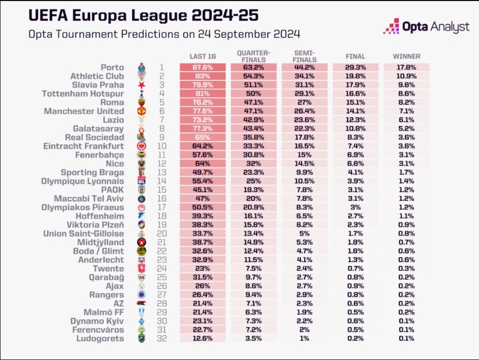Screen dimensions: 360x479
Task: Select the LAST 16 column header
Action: pyautogui.click(x=202, y=56)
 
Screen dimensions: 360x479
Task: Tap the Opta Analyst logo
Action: pyautogui.click(x=426, y=27)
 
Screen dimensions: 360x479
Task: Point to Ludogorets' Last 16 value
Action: pyautogui.click(x=202, y=338)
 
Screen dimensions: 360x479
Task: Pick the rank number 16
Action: pyautogui.click(x=161, y=198)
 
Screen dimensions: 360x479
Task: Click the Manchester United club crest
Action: pyautogui.click(x=141, y=111)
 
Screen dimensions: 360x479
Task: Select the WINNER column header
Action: pyautogui.click(x=406, y=56)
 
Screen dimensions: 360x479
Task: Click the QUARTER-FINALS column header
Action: pyautogui.click(x=253, y=56)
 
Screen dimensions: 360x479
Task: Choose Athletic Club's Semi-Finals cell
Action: pyautogui.click(x=304, y=76)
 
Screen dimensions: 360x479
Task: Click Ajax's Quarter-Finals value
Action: pyautogui.click(x=253, y=286)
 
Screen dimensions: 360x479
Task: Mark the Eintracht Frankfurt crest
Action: pyautogui.click(x=141, y=146)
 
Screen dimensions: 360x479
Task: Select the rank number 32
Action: pyautogui.click(x=161, y=338)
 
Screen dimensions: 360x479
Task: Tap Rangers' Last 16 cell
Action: pyautogui.click(x=202, y=295)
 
